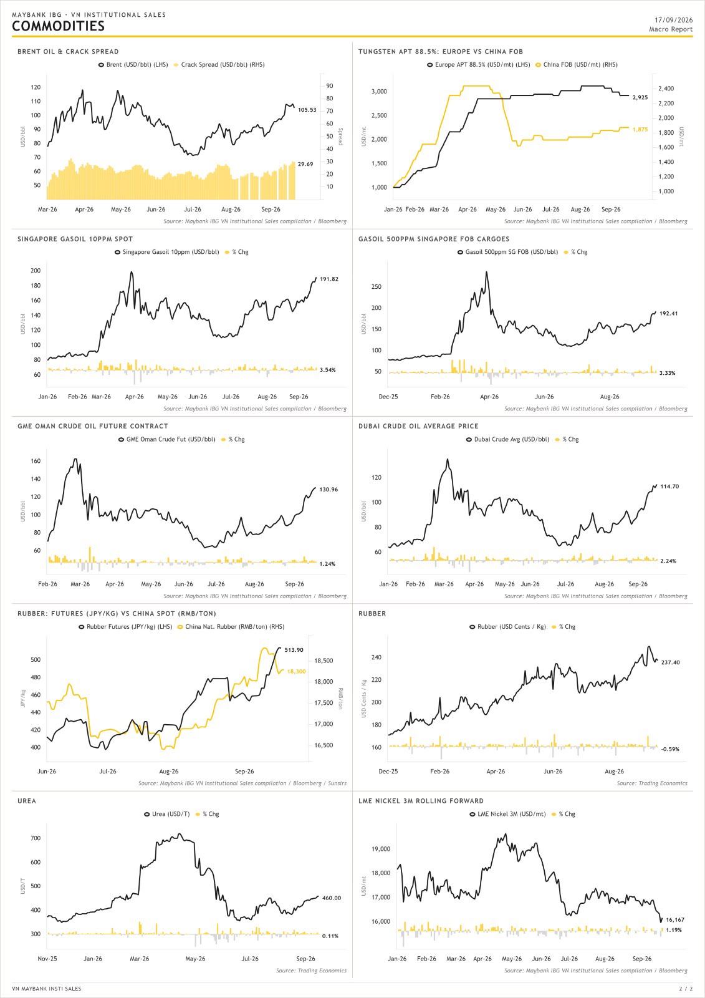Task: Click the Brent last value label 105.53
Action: tap(307, 110)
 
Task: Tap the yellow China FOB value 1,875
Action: tap(640, 130)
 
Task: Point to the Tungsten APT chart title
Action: tap(441, 52)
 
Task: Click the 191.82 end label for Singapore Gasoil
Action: tap(329, 279)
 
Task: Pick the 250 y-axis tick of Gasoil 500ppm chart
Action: tap(376, 286)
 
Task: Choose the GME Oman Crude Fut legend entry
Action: tap(166, 439)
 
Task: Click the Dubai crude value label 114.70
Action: tap(669, 487)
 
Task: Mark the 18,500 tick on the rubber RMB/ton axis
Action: tap(324, 661)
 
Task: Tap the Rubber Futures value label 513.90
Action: tap(294, 649)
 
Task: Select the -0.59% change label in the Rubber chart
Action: tap(670, 749)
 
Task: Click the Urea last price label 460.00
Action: tap(332, 898)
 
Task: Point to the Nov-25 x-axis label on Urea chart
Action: tap(47, 958)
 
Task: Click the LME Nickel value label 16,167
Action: tap(675, 919)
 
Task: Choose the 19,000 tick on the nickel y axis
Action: tap(381, 849)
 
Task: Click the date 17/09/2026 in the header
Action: tap(673, 20)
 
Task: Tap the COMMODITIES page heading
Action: tap(59, 26)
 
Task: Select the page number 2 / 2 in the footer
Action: tap(686, 989)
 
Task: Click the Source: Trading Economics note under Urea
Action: tap(311, 971)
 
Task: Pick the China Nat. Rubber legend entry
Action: tap(231, 626)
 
